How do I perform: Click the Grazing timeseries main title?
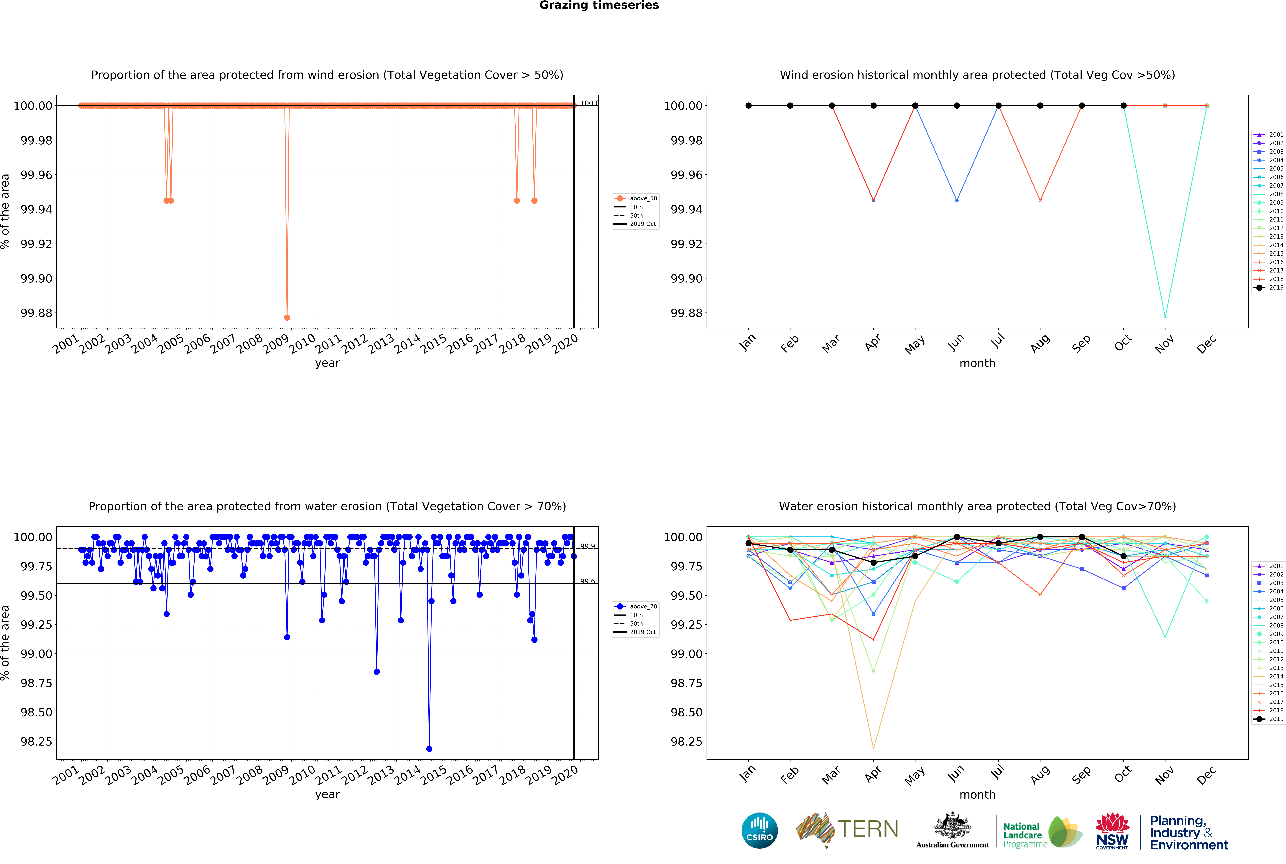pos(599,6)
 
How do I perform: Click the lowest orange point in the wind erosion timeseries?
pos(287,317)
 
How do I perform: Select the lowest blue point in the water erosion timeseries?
pos(429,749)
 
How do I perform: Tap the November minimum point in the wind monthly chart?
pos(1165,316)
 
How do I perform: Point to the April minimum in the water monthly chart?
pos(873,748)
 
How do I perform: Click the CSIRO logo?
pos(760,830)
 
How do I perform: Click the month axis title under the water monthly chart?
pos(977,795)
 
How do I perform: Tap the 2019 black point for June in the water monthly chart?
pos(957,537)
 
